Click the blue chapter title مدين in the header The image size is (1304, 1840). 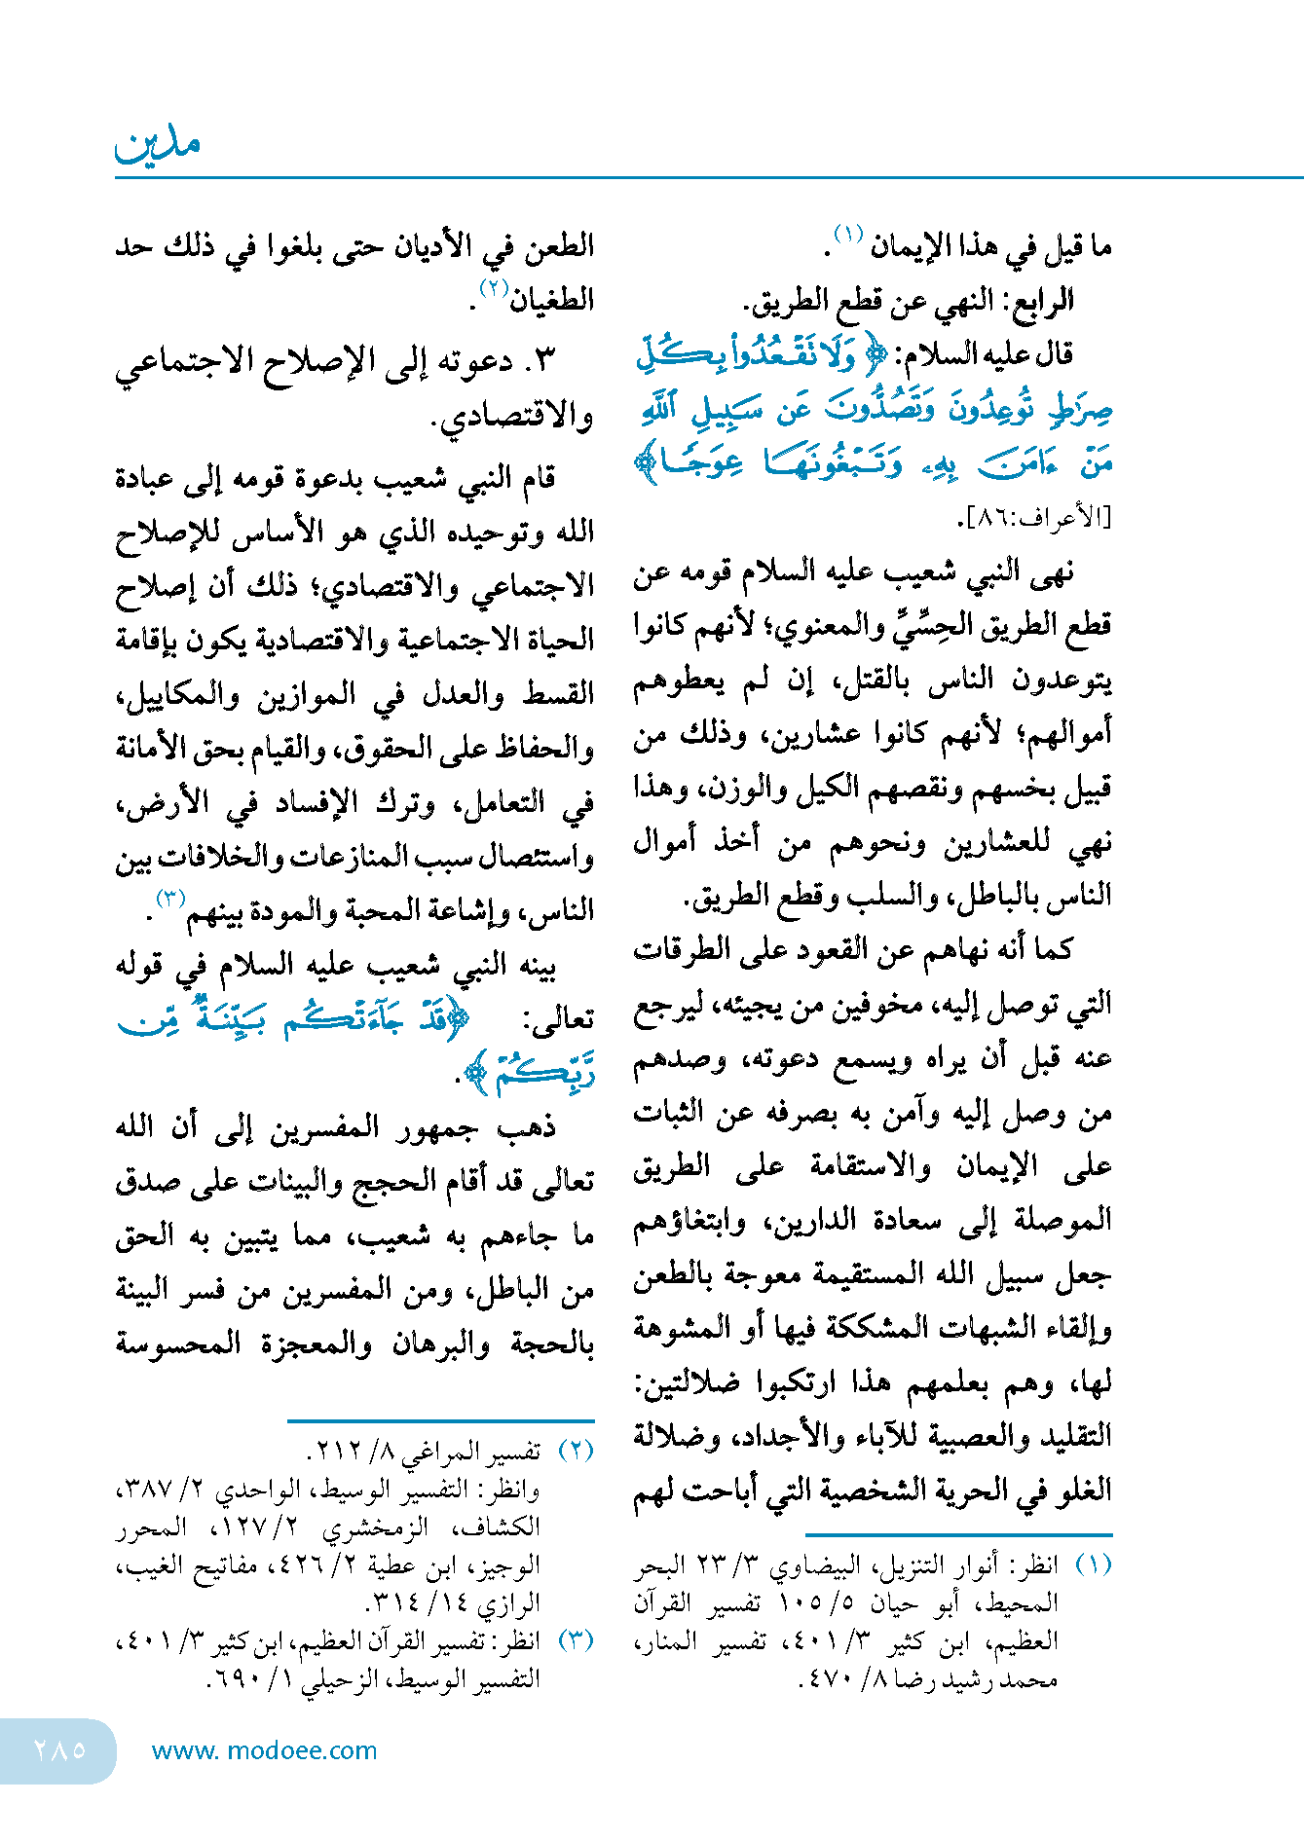[x=158, y=145]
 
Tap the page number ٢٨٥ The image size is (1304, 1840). [x=59, y=1749]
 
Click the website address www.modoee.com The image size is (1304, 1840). [x=264, y=1750]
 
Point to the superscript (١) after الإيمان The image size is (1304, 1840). [x=847, y=235]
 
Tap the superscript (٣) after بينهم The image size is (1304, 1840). [x=170, y=898]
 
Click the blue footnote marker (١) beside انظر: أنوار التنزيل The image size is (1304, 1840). [x=1093, y=1564]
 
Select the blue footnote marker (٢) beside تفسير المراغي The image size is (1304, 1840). [x=576, y=1451]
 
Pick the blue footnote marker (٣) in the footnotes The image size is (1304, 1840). [x=576, y=1639]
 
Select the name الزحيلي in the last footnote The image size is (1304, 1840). [x=339, y=1679]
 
